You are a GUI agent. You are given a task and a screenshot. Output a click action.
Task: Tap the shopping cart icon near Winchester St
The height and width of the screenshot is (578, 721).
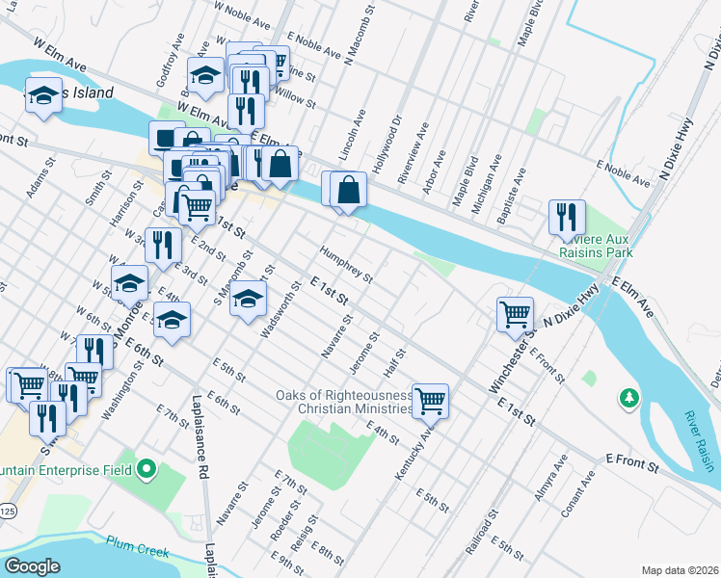click(x=516, y=313)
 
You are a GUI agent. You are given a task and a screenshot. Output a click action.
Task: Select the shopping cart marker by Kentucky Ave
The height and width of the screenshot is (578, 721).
click(x=430, y=400)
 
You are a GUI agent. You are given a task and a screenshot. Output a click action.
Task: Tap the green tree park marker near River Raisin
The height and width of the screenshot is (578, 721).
click(x=628, y=396)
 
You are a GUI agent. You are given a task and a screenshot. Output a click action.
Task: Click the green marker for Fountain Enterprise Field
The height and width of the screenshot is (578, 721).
click(x=147, y=470)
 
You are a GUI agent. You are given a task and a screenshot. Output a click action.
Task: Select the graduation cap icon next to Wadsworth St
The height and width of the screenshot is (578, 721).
click(x=249, y=298)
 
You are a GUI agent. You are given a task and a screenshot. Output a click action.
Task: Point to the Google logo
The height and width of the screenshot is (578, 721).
click(x=32, y=566)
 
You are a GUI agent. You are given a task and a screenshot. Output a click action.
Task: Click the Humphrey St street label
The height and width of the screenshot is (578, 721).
click(x=347, y=264)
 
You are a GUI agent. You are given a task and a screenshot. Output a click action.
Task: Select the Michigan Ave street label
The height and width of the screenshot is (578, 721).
click(x=488, y=176)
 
